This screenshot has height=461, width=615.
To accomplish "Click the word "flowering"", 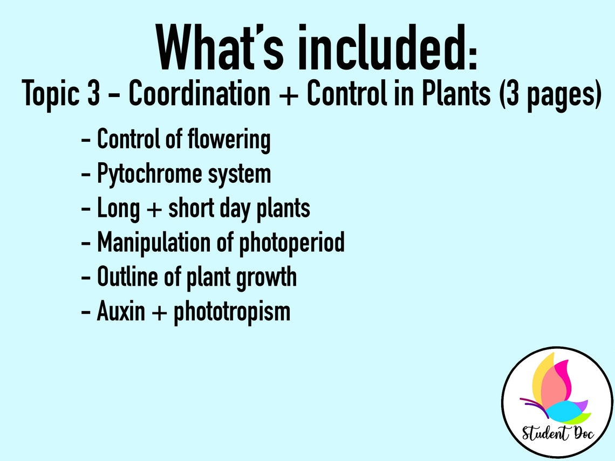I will click(229, 140).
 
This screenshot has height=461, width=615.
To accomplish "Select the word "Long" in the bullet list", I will click(118, 209).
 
